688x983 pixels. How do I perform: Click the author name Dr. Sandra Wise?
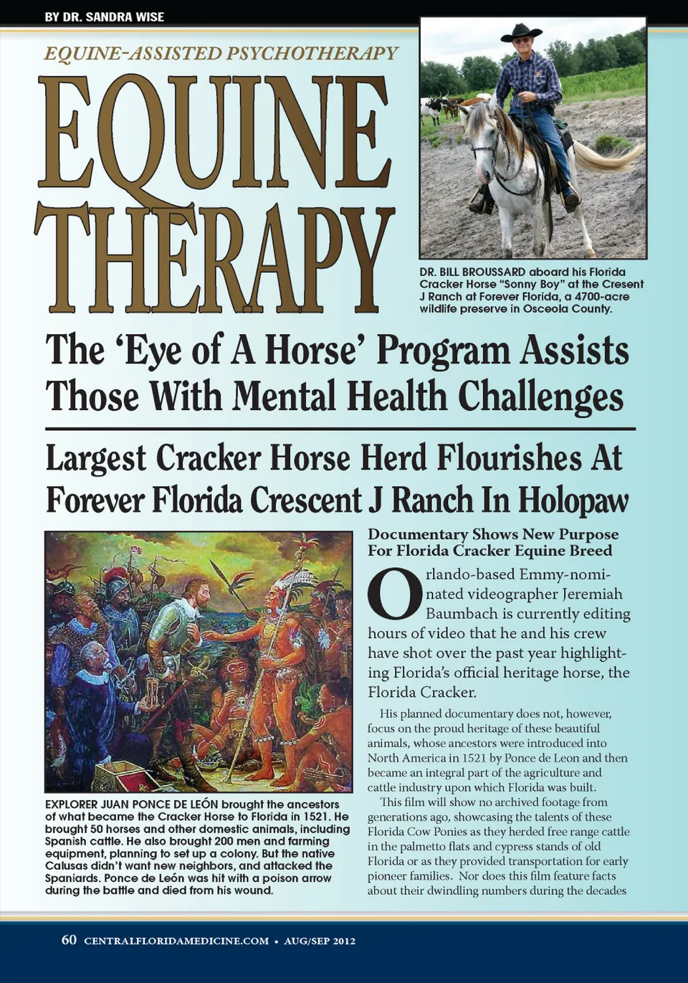[x=104, y=16]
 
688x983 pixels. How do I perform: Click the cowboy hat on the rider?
[x=522, y=32]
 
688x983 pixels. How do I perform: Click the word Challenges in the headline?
[x=540, y=396]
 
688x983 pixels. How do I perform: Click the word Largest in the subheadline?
[x=96, y=459]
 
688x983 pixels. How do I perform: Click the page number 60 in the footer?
[x=69, y=940]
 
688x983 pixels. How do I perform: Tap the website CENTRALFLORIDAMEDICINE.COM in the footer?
[x=176, y=941]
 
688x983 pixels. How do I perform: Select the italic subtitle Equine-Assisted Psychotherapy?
[x=221, y=53]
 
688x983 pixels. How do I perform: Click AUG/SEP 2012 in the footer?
[x=320, y=941]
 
